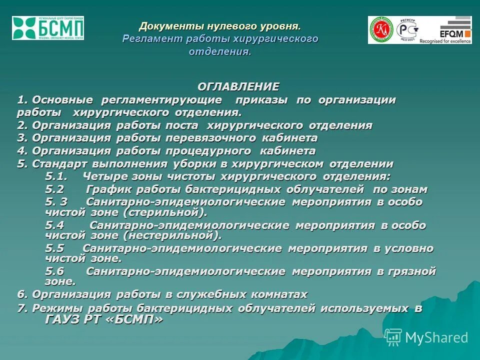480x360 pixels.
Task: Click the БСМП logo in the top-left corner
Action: [x=48, y=28]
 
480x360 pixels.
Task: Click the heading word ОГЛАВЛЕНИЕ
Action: [x=238, y=86]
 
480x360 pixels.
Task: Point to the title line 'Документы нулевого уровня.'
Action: [x=220, y=25]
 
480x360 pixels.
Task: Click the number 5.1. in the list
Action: [x=56, y=176]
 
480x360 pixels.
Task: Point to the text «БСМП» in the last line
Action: [x=135, y=319]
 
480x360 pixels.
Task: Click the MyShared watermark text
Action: [x=436, y=338]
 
